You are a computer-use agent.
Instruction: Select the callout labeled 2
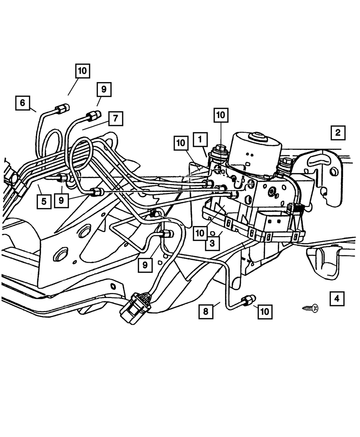coord(338,132)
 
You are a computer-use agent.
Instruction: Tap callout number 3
coord(212,243)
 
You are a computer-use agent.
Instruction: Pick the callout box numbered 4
coord(337,298)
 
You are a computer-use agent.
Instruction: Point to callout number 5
coord(44,201)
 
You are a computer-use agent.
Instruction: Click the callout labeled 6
coord(23,103)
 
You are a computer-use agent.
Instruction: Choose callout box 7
coord(115,118)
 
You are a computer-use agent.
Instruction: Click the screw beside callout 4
coord(311,308)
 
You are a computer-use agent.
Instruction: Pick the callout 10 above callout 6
coord(82,71)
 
